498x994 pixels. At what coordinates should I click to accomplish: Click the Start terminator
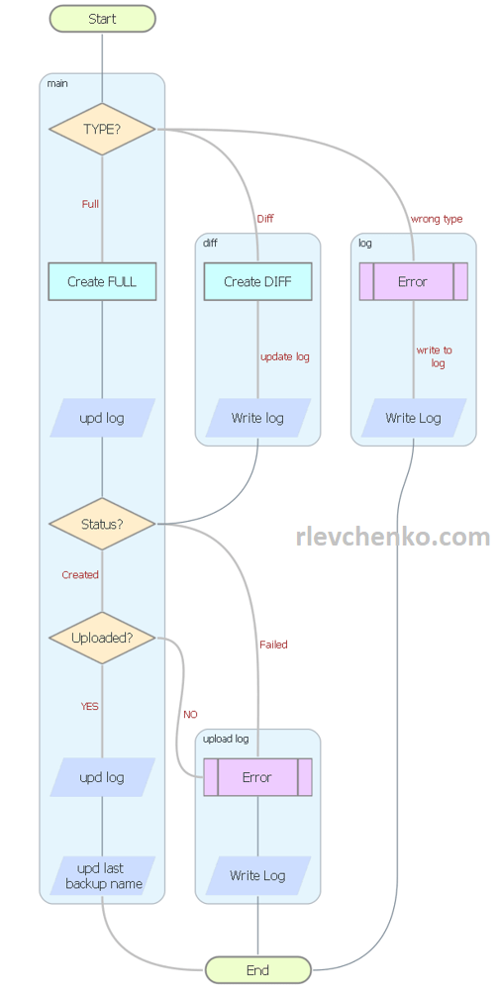102,19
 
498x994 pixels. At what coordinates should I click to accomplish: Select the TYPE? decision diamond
102,129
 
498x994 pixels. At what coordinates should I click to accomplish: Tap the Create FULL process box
102,281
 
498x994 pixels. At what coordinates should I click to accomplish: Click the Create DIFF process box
257,281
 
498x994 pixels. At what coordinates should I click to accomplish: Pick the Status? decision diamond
102,524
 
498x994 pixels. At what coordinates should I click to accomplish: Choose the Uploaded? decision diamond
102,638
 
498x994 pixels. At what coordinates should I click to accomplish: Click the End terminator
257,970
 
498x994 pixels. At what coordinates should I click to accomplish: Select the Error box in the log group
413,281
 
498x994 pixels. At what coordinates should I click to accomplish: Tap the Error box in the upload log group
257,777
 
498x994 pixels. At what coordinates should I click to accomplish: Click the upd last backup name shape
103,876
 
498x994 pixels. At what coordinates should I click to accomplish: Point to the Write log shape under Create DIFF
257,418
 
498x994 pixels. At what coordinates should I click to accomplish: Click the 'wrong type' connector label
436,219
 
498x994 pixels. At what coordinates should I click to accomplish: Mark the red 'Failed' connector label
273,645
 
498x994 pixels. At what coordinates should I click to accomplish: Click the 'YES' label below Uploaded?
89,706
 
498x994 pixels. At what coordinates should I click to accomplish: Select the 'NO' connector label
190,714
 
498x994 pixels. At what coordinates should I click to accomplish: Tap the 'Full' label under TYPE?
90,204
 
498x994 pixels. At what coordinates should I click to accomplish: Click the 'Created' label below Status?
80,574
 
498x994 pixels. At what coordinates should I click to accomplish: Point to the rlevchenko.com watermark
393,537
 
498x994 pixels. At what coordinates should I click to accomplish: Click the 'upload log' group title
226,739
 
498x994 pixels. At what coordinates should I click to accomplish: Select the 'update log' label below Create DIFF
284,356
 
